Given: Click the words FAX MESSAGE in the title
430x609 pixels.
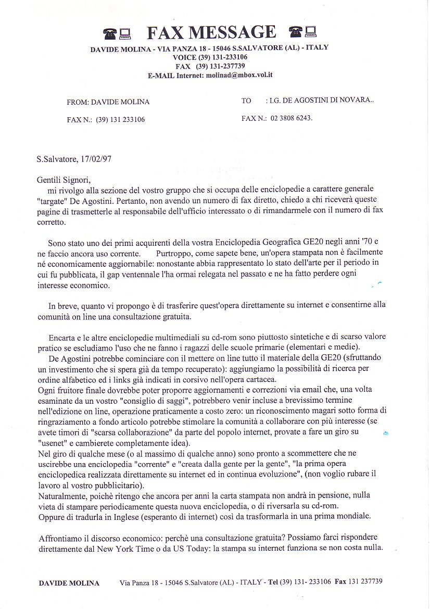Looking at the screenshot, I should coord(211,33).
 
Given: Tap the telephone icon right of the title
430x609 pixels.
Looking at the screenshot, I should coord(295,32).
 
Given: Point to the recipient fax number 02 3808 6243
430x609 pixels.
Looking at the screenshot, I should coord(292,118).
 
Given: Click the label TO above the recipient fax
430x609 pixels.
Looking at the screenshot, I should coord(246,101).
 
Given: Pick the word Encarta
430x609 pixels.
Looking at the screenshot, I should coord(61,337).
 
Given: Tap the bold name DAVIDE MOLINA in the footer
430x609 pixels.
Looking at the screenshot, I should coord(69,583).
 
